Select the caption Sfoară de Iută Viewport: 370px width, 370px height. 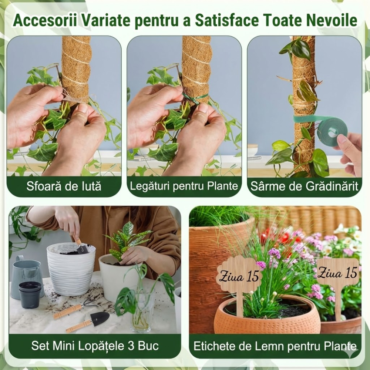[64, 186]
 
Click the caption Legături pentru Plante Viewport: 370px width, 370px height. [184, 186]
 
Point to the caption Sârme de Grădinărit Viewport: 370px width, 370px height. [304, 186]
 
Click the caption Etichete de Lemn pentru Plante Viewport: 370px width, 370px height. [275, 347]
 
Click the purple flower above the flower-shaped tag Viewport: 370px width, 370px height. [274, 253]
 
